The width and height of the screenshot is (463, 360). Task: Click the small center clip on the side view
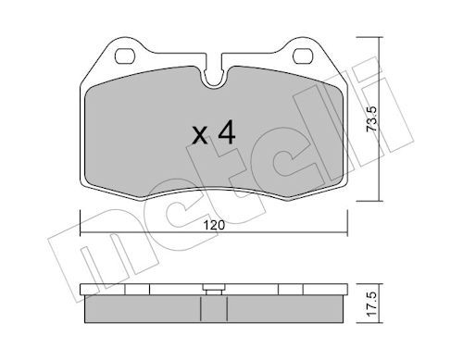pos(214,286)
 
